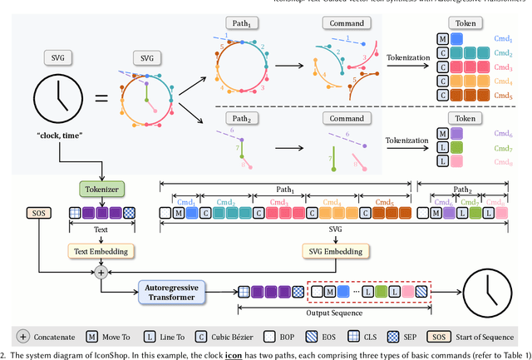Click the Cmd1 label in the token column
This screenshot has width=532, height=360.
click(503, 37)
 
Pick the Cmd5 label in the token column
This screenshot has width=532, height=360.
click(503, 95)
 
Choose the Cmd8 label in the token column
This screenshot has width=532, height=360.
click(503, 160)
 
